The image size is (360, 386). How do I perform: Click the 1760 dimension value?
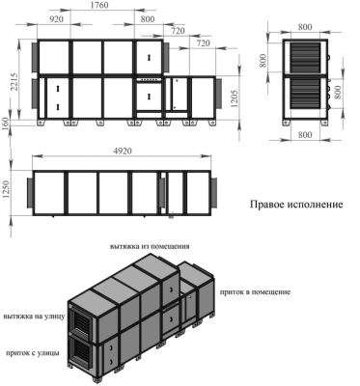point(99,6)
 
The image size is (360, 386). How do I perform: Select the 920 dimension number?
point(57,19)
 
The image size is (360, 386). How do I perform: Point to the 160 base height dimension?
point(6,124)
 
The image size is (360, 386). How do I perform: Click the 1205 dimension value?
point(235,98)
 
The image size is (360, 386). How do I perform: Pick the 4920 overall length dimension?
point(123,151)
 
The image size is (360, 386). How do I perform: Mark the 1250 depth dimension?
point(6,193)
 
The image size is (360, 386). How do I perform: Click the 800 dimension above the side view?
point(305,27)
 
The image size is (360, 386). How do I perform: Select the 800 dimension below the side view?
point(305,134)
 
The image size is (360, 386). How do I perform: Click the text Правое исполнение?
point(296,205)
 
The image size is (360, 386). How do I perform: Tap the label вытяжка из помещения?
point(150,247)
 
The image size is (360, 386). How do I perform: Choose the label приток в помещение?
point(255,292)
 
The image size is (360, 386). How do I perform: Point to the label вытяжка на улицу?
point(35,317)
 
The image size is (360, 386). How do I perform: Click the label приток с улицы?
point(33,353)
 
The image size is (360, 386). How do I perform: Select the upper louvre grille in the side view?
point(305,58)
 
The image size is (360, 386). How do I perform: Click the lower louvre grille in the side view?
point(305,94)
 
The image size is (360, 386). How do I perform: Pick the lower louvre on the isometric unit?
point(79,351)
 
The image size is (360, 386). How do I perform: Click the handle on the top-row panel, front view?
point(149,58)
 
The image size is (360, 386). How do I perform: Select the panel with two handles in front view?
point(58,97)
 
